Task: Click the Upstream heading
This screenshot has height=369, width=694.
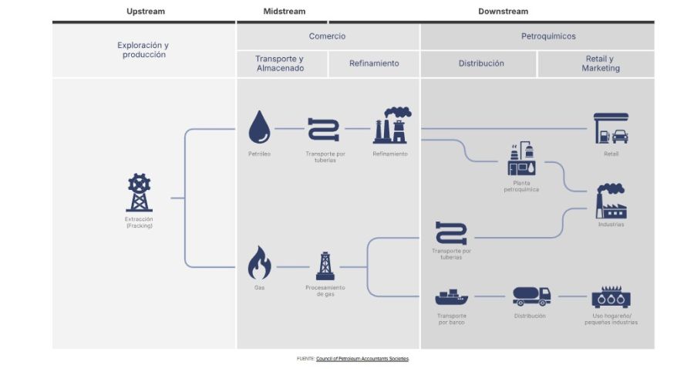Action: point(145,12)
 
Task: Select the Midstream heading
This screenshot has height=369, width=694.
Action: point(284,12)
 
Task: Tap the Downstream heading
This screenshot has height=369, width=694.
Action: point(503,12)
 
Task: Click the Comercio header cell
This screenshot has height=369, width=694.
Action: point(327,36)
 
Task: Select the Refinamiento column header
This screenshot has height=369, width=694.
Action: point(374,63)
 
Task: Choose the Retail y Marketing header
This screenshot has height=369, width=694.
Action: point(600,63)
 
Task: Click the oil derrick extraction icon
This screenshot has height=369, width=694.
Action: point(140,193)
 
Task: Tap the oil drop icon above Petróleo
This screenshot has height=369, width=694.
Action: point(259,127)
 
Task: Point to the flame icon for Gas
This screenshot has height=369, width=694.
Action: point(259,263)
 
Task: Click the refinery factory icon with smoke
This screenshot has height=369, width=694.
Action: point(391,126)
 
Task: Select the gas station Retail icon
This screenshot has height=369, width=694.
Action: point(611,128)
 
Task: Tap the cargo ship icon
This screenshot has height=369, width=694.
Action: point(451,296)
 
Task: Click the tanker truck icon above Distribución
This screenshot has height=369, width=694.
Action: point(531,296)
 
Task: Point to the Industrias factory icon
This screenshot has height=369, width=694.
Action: point(611,201)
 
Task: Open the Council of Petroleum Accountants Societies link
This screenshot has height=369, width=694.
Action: point(362,359)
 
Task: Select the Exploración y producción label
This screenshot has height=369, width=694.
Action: point(143,50)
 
